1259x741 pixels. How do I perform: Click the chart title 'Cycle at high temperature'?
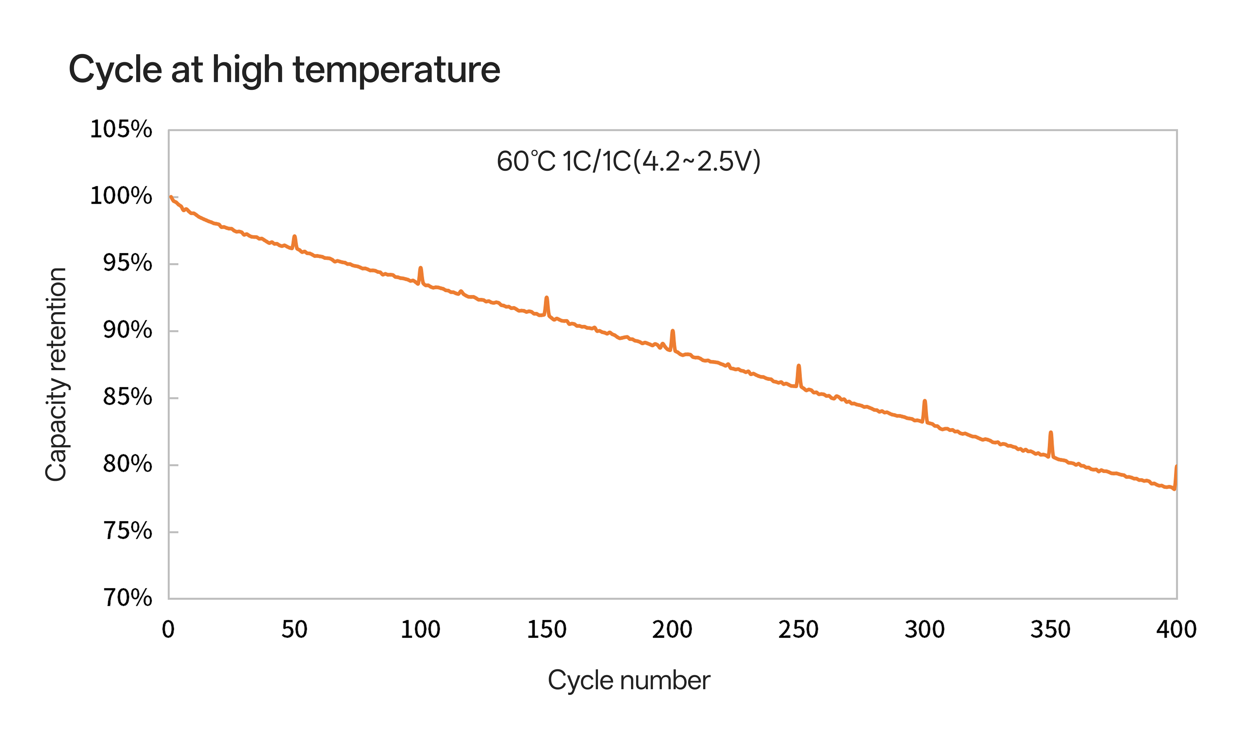coord(284,70)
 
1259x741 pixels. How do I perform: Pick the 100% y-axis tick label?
coord(121,196)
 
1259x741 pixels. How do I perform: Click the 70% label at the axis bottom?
coord(127,598)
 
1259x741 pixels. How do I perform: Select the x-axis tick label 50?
coord(294,629)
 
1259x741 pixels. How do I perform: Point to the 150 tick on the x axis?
coord(547,629)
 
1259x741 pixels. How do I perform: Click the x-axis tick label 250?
coord(798,629)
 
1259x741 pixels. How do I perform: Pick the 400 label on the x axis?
coord(1176,629)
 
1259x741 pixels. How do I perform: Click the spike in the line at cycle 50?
coord(294,237)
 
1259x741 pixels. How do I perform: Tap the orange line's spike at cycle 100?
coord(421,268)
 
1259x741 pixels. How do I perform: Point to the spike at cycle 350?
coord(1051,433)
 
